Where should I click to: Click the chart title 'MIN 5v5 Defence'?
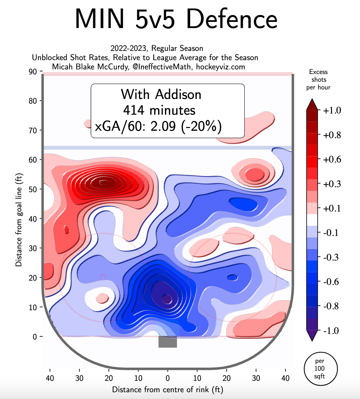(x=176, y=19)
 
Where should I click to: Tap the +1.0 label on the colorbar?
(x=332, y=110)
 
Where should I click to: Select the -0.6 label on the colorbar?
(x=331, y=282)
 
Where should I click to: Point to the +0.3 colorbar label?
(x=332, y=184)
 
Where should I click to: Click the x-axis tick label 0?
(x=168, y=378)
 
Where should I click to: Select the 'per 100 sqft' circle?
(x=321, y=368)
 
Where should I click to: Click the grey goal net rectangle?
(x=168, y=342)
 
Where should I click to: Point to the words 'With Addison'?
(x=161, y=94)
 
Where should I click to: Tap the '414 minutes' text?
(x=159, y=110)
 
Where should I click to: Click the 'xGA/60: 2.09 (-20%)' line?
(x=158, y=126)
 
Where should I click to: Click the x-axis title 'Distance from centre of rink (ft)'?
(x=167, y=389)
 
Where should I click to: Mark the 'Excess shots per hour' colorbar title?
(x=318, y=80)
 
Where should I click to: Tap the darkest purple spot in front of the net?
(x=167, y=298)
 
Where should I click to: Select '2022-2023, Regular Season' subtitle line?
(x=157, y=48)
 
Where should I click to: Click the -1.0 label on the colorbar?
(x=331, y=331)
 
